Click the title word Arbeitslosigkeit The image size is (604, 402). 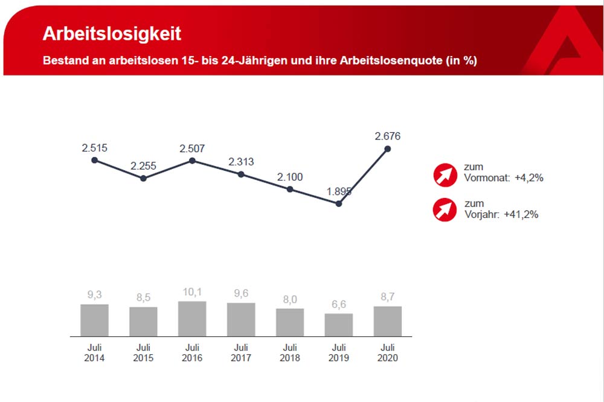tap(112, 33)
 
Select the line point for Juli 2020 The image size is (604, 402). tap(388, 148)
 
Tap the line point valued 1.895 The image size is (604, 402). tap(339, 203)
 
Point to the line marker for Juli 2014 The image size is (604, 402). tap(94, 160)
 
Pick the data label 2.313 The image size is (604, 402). tap(240, 161)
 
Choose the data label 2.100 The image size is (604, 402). tap(290, 177)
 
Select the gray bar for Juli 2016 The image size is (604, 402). tap(192, 319)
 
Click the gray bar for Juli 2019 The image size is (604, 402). tap(339, 325)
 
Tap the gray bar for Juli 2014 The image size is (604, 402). tap(94, 320)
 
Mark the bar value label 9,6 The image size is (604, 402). tap(240, 293)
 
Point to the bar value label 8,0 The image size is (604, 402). tap(290, 299)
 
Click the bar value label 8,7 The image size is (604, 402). tap(388, 297)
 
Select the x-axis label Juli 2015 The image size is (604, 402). tap(143, 353)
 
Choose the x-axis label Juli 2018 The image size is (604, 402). tap(290, 353)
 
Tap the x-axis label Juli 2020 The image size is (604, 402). tap(388, 353)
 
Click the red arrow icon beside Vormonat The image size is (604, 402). tap(445, 175)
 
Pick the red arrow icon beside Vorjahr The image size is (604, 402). tap(445, 209)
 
